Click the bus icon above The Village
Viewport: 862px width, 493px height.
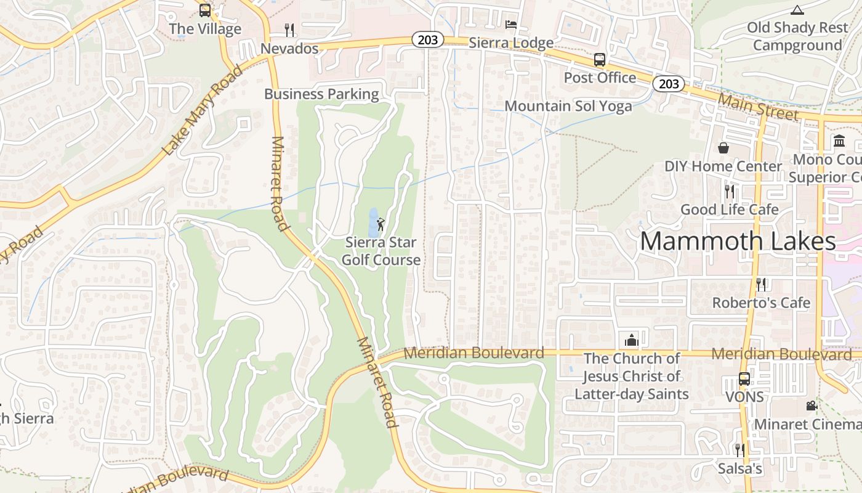click(x=205, y=10)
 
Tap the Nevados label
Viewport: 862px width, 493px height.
click(x=289, y=48)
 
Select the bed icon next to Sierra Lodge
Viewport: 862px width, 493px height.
click(x=510, y=25)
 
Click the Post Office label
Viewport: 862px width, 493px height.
click(x=600, y=78)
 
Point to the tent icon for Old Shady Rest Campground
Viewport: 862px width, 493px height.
click(x=797, y=10)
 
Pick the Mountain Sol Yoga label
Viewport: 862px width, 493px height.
click(x=568, y=106)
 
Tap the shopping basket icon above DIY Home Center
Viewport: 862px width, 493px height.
click(x=723, y=148)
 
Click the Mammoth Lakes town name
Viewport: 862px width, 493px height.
click(x=738, y=241)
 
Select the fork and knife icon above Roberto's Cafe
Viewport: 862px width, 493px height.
click(x=761, y=284)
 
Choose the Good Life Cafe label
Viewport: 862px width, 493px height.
click(x=729, y=210)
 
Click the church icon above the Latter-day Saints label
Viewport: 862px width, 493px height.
click(x=632, y=340)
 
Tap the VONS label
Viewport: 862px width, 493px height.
click(x=744, y=397)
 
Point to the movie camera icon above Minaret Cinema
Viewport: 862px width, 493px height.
click(x=812, y=405)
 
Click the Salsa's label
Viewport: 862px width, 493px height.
click(x=739, y=469)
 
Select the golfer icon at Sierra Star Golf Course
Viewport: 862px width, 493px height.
click(x=381, y=224)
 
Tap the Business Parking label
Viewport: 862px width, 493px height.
click(x=321, y=94)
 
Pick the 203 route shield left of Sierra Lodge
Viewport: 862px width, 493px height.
click(x=427, y=40)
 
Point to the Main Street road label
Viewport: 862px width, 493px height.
click(x=758, y=107)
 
